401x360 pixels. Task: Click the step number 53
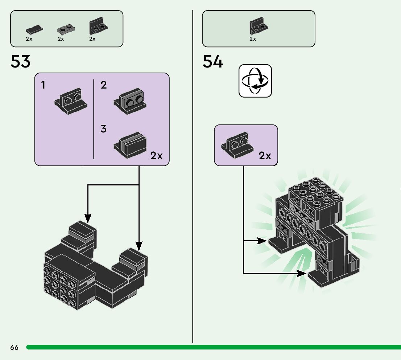[21, 62]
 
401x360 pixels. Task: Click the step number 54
[213, 62]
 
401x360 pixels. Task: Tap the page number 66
[15, 347]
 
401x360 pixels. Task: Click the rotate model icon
[255, 81]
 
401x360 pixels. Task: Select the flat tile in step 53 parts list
[34, 29]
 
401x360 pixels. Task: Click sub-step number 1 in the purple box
[44, 86]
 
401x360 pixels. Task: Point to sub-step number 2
[104, 86]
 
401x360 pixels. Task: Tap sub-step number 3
[104, 129]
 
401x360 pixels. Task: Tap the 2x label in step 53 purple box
[157, 156]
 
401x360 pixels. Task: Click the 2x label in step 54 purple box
[265, 156]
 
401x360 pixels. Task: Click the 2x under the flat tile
[29, 39]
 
